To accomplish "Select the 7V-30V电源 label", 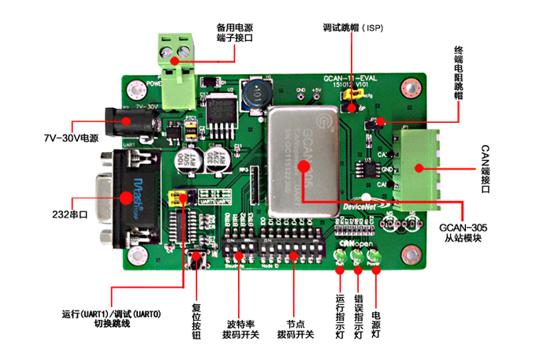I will pyautogui.click(x=71, y=138).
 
